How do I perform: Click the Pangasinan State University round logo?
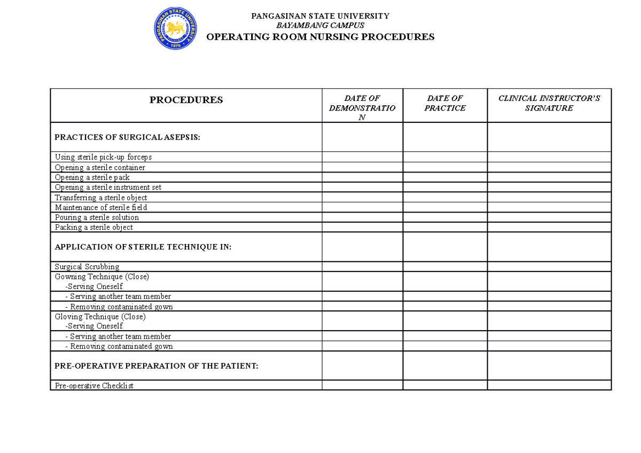point(175,28)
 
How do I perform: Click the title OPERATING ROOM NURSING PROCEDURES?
point(320,37)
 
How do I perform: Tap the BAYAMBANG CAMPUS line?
point(320,25)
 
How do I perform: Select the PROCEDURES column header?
point(186,100)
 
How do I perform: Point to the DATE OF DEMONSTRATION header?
point(362,107)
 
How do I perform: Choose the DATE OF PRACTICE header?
point(445,103)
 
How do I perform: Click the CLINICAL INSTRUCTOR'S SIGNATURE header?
point(549,103)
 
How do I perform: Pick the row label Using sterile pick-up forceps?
point(103,157)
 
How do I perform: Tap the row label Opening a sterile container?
point(100,167)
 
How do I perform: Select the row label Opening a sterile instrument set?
point(108,188)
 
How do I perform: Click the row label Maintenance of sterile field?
point(101,207)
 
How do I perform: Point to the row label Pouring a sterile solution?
point(97,217)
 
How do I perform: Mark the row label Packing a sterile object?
point(94,227)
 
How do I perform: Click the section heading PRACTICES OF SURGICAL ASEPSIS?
point(127,137)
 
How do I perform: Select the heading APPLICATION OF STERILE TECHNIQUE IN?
point(143,247)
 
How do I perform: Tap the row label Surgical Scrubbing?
point(87,267)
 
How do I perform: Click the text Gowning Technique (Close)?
point(102,277)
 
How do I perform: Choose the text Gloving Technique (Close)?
point(100,316)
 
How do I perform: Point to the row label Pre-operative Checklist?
point(94,385)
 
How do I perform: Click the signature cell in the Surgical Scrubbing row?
point(549,267)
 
